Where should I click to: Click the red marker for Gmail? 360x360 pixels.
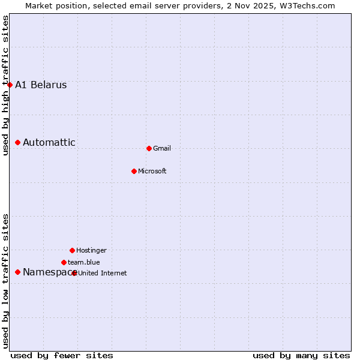click(x=149, y=148)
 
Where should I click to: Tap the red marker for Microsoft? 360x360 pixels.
click(x=134, y=171)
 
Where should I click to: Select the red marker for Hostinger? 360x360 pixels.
click(x=72, y=250)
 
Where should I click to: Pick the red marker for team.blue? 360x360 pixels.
click(x=64, y=262)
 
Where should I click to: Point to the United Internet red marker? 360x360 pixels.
click(x=74, y=273)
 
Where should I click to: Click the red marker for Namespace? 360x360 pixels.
click(x=17, y=272)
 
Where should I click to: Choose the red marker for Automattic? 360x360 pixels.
click(x=17, y=142)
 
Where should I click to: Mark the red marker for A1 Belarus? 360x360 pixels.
click(x=10, y=85)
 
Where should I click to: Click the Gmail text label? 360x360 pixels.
click(x=162, y=148)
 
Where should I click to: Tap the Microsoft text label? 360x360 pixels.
click(x=152, y=171)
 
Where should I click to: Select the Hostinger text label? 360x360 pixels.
click(x=91, y=250)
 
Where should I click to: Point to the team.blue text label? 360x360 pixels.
click(x=84, y=262)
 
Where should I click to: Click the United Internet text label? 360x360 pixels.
click(x=103, y=273)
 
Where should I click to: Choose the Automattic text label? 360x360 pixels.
click(x=49, y=142)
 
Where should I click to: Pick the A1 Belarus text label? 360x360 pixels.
click(x=41, y=85)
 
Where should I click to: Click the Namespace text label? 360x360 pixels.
click(x=47, y=272)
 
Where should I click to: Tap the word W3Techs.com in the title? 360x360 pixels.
click(x=305, y=6)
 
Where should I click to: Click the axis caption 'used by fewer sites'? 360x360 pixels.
click(x=62, y=355)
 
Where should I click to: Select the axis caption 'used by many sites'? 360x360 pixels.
click(x=301, y=355)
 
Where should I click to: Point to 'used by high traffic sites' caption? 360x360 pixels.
click(x=6, y=85)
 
